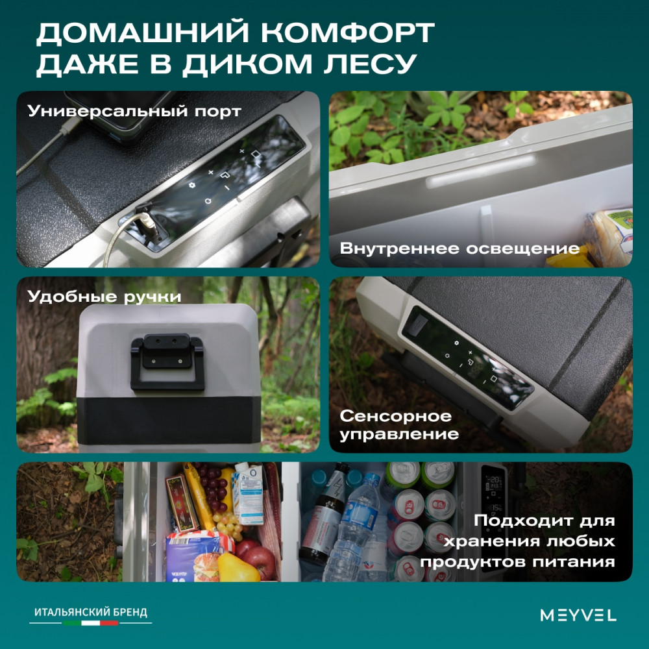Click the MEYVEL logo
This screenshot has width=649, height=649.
coord(578,615)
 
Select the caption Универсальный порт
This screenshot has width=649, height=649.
coord(134,112)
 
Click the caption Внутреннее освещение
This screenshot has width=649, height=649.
coord(459,249)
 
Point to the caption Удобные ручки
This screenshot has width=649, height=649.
coord(104,297)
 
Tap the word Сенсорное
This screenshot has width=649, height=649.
coord(395,416)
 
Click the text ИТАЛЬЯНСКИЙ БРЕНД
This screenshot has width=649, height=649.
coord(91,612)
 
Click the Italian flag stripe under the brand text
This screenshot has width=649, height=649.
coord(91,622)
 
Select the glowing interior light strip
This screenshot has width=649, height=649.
coord(481,171)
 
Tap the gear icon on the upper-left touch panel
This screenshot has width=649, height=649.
coord(191,185)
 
